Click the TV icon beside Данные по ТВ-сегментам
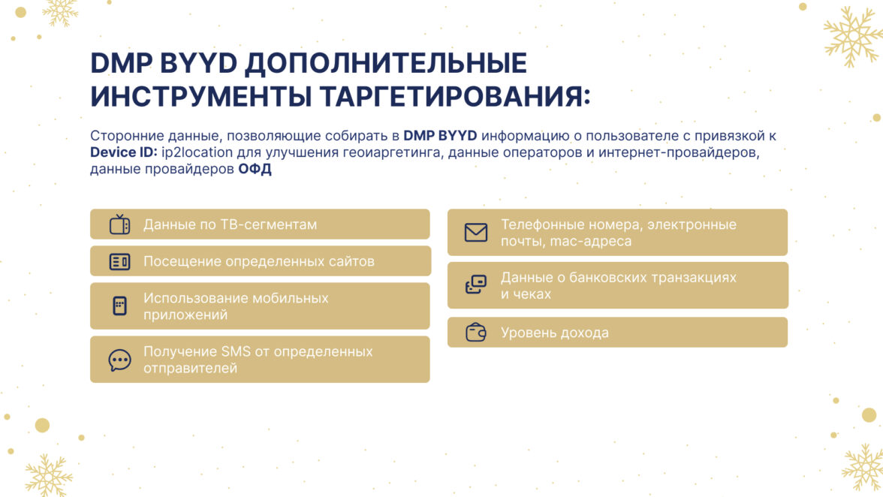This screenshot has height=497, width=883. click(119, 224)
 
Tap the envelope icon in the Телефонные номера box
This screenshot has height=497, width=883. click(476, 233)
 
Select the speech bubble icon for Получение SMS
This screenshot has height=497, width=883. click(119, 360)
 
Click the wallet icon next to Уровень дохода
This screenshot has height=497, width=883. click(476, 333)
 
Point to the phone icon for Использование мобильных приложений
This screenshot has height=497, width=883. click(119, 306)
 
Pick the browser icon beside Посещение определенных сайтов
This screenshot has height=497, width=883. click(119, 262)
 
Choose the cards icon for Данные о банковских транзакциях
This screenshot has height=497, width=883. click(476, 285)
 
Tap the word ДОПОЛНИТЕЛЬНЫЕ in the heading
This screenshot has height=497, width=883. click(385, 62)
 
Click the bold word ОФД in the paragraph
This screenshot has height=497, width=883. click(255, 169)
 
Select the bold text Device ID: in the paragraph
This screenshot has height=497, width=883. click(124, 152)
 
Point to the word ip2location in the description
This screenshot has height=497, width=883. click(197, 152)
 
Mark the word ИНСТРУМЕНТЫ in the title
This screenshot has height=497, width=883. click(201, 96)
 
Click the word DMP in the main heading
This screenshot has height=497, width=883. click(121, 62)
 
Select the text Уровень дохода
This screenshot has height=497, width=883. click(555, 333)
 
